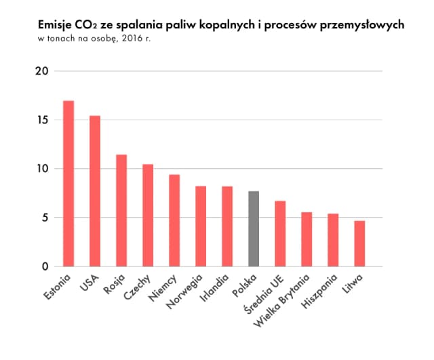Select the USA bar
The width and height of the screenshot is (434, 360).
tap(95, 191)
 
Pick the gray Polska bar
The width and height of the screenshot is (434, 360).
tap(254, 228)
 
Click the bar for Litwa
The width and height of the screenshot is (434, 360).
tap(359, 243)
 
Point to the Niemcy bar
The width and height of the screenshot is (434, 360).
tap(174, 220)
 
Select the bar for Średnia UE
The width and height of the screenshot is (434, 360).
tap(280, 233)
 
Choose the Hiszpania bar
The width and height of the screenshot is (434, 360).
tap(333, 240)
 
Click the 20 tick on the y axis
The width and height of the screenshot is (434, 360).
tap(43, 71)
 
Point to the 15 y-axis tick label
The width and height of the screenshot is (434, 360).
tap(43, 120)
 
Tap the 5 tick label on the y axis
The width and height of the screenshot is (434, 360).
tap(46, 218)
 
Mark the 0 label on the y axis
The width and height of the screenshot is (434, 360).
tap(46, 266)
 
